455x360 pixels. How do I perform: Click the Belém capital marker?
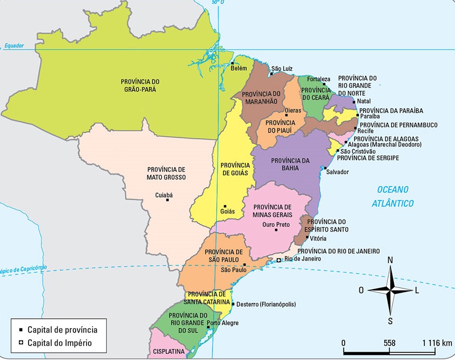coord(233,63)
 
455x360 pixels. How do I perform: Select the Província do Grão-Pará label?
coord(140,85)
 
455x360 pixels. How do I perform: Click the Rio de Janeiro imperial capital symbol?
coord(279,260)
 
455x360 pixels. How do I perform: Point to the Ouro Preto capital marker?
coord(275,230)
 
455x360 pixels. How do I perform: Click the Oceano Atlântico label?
coord(393,196)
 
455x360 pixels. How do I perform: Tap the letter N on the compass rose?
coord(390,260)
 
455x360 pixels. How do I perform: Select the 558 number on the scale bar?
coord(389,343)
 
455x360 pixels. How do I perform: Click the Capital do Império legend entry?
coord(59,342)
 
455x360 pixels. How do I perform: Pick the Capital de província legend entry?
coord(61,329)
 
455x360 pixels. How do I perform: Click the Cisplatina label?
coord(169,351)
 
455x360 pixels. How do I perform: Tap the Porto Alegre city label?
coord(222,322)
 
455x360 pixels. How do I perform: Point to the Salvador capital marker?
coord(324,167)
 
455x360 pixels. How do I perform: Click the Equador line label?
coord(14,45)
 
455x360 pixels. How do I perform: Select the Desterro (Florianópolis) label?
coord(266,304)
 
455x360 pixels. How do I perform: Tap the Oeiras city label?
coord(293,110)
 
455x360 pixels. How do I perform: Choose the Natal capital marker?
coord(354,101)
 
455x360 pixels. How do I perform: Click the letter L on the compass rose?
coord(416,290)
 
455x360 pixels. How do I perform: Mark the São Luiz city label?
coord(281,69)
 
